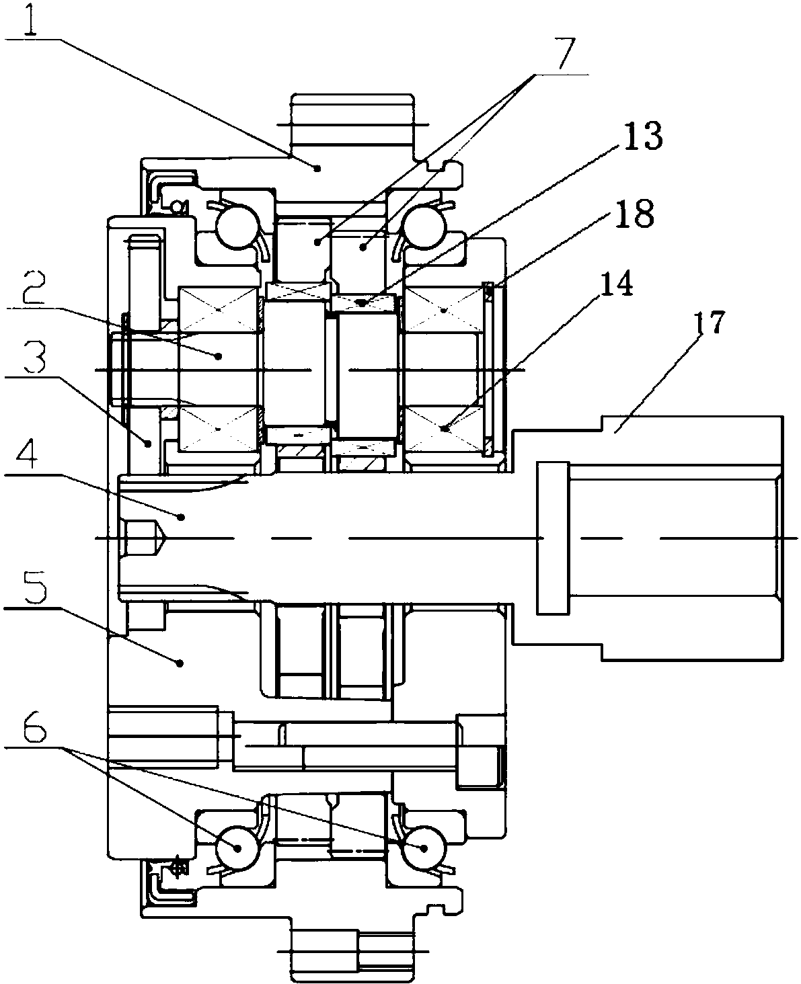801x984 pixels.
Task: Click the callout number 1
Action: tap(31, 17)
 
